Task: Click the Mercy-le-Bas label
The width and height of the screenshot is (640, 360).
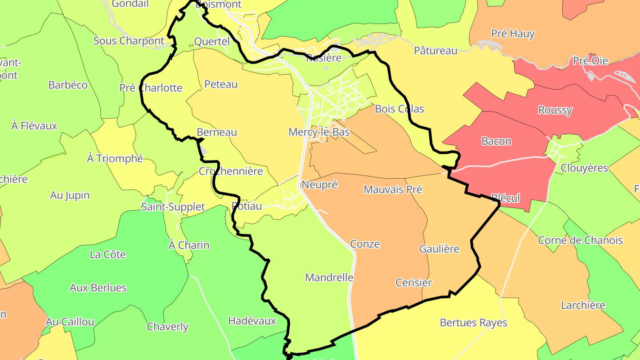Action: (x=319, y=132)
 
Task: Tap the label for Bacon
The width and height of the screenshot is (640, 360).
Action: (x=496, y=141)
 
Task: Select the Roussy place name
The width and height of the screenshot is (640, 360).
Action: (x=555, y=110)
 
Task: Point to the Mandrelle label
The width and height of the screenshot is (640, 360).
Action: (x=329, y=278)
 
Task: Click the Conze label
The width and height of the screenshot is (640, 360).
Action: (x=365, y=244)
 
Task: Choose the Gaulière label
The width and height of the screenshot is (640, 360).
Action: (x=439, y=249)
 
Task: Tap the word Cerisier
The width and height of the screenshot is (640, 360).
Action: (x=413, y=283)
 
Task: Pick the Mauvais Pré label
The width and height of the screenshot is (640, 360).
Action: (x=392, y=189)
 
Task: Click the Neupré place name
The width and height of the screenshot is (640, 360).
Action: (x=319, y=185)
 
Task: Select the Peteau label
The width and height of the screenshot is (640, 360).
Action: (x=221, y=84)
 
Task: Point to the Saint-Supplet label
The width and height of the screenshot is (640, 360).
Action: (x=173, y=207)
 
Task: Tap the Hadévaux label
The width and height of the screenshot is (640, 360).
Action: (x=252, y=321)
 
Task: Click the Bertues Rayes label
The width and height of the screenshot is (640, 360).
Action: (x=473, y=323)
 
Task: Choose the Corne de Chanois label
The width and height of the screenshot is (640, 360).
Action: (x=580, y=240)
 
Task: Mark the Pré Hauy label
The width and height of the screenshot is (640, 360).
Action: (x=512, y=33)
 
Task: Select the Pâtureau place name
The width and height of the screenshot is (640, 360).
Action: (x=435, y=51)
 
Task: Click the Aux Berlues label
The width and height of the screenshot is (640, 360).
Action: (x=98, y=288)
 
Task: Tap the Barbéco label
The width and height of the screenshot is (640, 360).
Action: (x=68, y=85)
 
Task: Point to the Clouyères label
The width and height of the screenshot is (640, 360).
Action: (x=584, y=168)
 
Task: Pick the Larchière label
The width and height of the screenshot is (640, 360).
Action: (x=583, y=305)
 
